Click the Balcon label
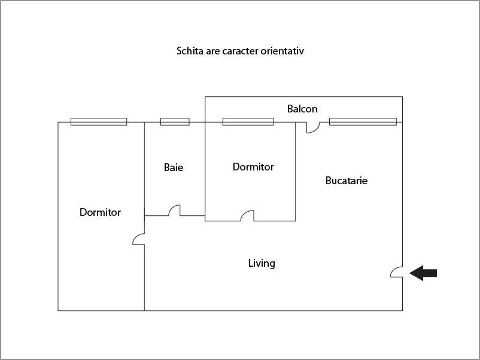click(302, 109)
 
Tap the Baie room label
click(174, 167)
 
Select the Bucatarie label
click(347, 180)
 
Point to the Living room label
click(262, 263)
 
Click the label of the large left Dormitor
click(100, 212)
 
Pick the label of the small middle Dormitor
click(253, 167)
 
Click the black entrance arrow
click(424, 273)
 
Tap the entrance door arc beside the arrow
click(396, 272)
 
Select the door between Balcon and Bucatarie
click(312, 127)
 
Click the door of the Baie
click(175, 211)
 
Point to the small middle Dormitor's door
click(247, 216)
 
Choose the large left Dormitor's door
click(139, 239)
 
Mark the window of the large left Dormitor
click(99, 121)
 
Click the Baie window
click(175, 121)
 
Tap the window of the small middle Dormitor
click(248, 121)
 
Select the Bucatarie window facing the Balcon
click(363, 121)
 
